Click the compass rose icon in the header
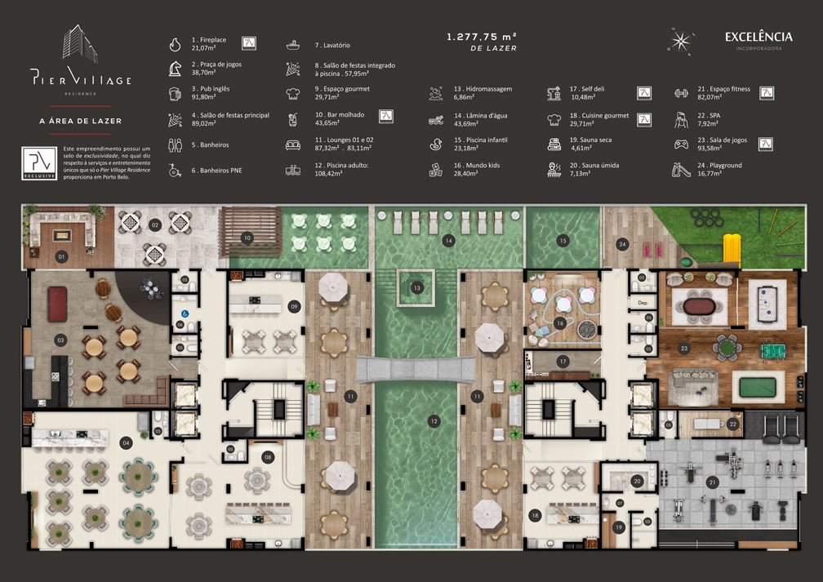[x=680, y=40]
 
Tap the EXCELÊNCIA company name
[x=758, y=37]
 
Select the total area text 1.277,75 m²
[x=482, y=37]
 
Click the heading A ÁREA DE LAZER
[x=81, y=121]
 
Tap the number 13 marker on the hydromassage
[x=416, y=287]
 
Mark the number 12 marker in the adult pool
[x=435, y=421]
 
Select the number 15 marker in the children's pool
[x=563, y=241]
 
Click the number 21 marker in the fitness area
[x=712, y=482]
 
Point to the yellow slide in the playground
[x=733, y=247]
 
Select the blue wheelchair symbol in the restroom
[x=180, y=311]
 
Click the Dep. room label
[x=642, y=304]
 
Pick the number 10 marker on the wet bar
[x=247, y=238]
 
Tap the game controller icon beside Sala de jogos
[x=681, y=144]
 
